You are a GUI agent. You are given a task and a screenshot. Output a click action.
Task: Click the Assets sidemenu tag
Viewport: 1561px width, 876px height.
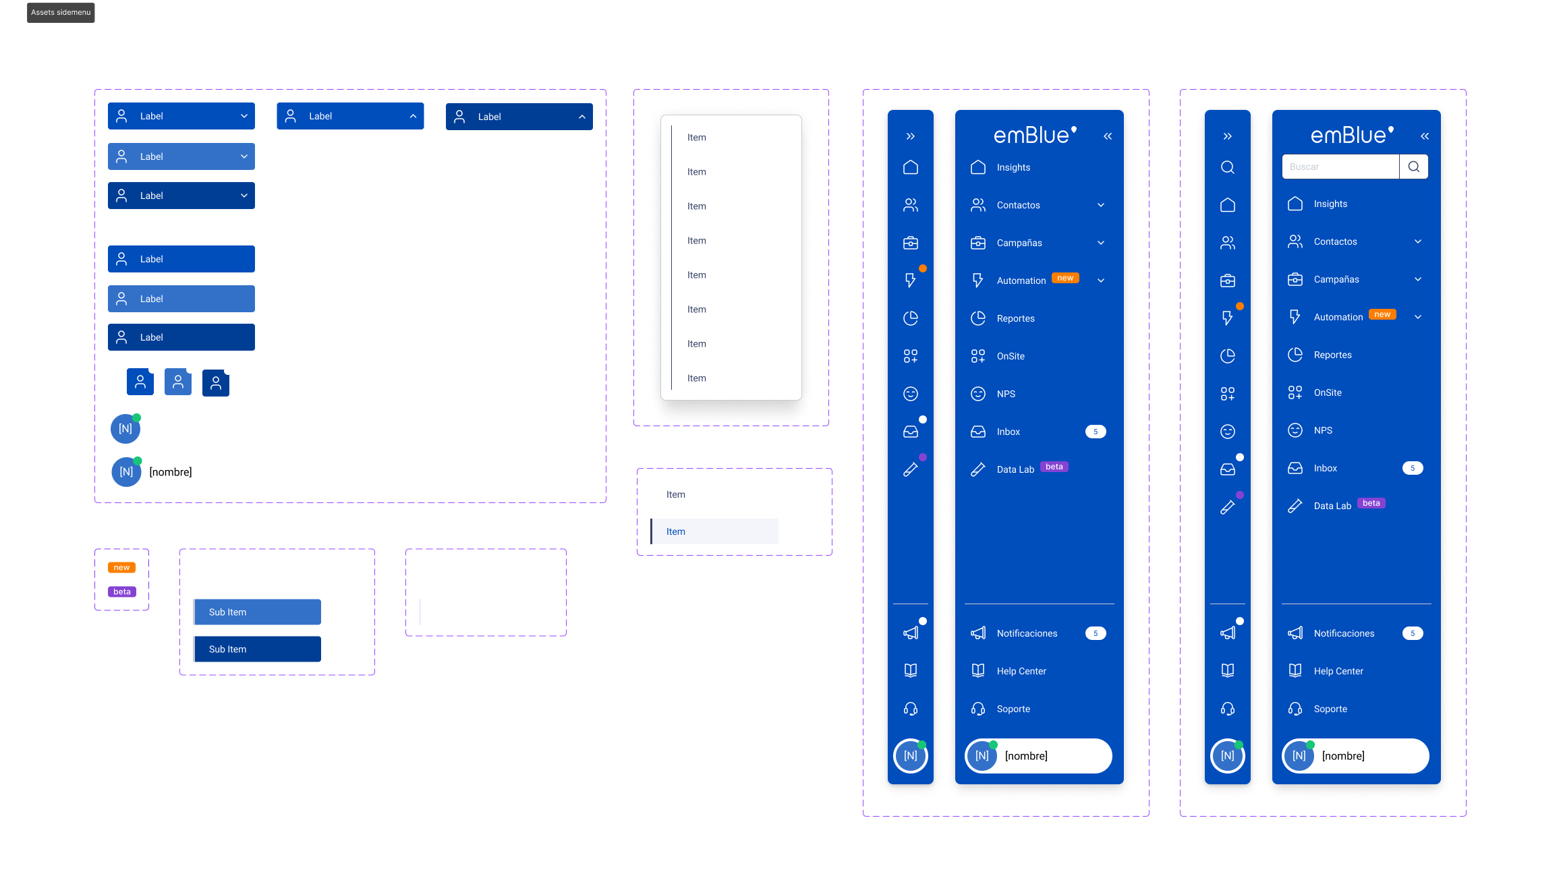[61, 12]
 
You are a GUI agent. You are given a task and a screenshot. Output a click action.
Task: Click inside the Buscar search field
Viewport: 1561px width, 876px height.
[1340, 167]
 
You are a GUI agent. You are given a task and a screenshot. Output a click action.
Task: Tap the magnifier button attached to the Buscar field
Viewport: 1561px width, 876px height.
[1414, 167]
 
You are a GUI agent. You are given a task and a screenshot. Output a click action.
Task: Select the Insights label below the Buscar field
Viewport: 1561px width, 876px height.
[1330, 204]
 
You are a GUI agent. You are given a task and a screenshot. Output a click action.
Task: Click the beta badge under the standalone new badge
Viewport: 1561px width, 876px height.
[122, 592]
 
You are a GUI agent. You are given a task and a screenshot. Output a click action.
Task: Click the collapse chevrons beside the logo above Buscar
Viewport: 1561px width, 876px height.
[1425, 136]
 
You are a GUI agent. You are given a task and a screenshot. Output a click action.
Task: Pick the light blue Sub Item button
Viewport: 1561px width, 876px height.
[257, 612]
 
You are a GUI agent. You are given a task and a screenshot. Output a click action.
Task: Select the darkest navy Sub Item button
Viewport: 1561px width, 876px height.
[257, 649]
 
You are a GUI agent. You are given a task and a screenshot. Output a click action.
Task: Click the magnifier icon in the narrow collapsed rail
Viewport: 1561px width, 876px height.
[1228, 167]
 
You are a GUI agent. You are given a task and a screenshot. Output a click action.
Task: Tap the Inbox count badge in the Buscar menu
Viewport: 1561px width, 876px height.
[1413, 468]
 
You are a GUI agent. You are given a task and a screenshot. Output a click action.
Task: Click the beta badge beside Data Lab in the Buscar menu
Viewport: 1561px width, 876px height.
[1371, 503]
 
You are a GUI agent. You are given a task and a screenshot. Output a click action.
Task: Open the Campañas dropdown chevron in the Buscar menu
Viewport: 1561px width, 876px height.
[1418, 279]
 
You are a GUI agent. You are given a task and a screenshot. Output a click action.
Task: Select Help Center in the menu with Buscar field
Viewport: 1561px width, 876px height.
[1338, 671]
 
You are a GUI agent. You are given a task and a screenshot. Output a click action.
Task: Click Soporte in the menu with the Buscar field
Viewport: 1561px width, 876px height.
[1330, 709]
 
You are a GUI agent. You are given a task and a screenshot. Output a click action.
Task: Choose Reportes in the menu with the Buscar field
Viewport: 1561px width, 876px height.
[1332, 355]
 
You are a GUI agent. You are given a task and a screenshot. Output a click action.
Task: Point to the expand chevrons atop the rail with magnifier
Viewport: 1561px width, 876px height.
[1228, 136]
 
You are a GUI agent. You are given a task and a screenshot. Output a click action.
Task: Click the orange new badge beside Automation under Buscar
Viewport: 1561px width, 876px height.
[1382, 314]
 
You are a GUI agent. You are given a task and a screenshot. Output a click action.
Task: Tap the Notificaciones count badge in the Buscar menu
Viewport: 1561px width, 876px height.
[1413, 633]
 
